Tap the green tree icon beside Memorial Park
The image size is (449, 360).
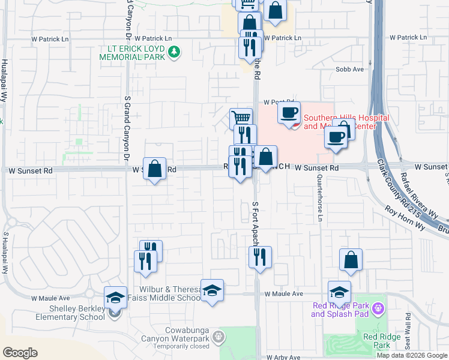pyautogui.click(x=174, y=52)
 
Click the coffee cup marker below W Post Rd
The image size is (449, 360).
pyautogui.click(x=289, y=112)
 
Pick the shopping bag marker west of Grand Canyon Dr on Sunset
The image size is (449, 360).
pyautogui.click(x=154, y=169)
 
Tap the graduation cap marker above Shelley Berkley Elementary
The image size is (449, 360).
pyautogui.click(x=115, y=297)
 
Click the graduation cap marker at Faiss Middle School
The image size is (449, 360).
pyautogui.click(x=212, y=291)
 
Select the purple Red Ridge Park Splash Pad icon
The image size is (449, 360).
pyautogui.click(x=378, y=310)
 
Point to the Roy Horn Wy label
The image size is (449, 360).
pyautogui.click(x=405, y=218)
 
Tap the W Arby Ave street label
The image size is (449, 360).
pyautogui.click(x=284, y=357)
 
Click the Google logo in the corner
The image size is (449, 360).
pyautogui.click(x=20, y=353)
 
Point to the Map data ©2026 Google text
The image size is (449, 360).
pyautogui.click(x=411, y=355)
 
